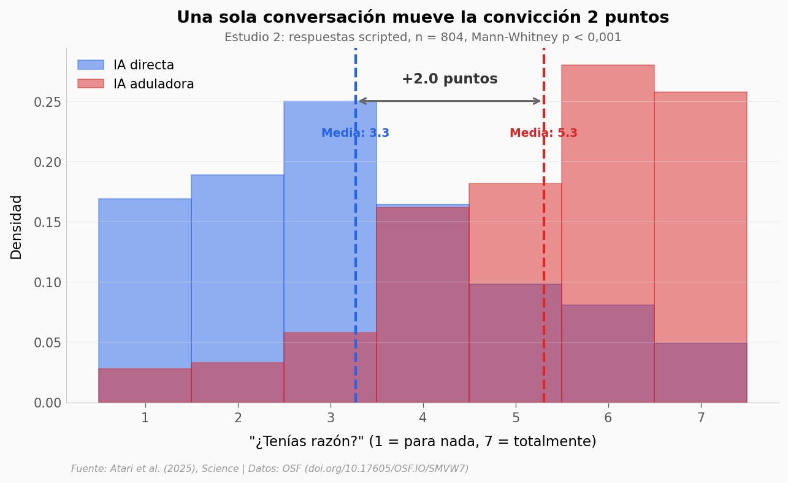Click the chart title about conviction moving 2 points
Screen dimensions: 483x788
(423, 17)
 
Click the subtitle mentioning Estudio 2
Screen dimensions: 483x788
(423, 37)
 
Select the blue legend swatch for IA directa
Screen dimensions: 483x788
(91, 65)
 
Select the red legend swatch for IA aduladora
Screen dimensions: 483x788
(91, 83)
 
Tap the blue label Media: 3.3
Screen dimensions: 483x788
(355, 133)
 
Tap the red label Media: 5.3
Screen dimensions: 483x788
(543, 133)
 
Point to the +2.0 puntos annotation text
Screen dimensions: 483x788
(449, 79)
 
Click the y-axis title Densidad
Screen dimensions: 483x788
(17, 226)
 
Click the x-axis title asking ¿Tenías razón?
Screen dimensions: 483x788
(423, 441)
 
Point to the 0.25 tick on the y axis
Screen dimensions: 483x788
(48, 102)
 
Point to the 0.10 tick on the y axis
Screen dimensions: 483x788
(48, 282)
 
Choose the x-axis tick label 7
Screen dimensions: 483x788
(700, 418)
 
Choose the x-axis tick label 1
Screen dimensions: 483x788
(145, 418)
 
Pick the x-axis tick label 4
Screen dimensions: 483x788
(423, 418)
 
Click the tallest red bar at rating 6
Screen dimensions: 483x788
(608, 184)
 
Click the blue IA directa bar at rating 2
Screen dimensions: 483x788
(237, 270)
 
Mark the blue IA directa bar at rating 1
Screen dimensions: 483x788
(145, 282)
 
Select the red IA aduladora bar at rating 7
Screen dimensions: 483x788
(700, 215)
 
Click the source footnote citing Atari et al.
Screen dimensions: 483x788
(270, 469)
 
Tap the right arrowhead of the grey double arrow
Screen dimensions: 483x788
(538, 101)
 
